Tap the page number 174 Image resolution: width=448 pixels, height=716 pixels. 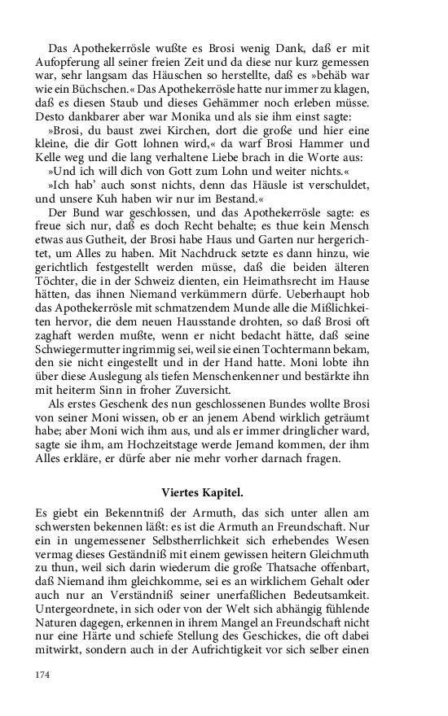point(43,675)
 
